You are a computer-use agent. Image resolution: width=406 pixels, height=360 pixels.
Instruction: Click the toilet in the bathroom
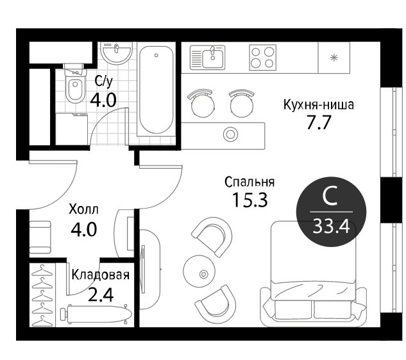[x=74, y=83]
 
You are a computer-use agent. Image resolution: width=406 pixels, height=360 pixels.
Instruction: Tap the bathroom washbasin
[x=117, y=53]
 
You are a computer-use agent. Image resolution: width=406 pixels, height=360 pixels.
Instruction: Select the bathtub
[x=156, y=89]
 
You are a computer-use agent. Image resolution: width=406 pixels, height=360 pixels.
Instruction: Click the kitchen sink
[x=208, y=58]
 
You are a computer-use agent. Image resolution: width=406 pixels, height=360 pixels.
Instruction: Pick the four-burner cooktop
[x=262, y=58]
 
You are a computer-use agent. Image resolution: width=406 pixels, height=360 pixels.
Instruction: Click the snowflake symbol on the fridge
[x=334, y=57]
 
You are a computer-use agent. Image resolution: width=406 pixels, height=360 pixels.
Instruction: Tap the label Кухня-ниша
[x=319, y=105]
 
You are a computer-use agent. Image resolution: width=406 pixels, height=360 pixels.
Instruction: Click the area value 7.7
[x=319, y=123]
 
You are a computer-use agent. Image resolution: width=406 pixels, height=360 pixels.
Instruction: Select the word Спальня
[x=250, y=182]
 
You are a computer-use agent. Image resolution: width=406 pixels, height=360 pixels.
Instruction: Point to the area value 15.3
[x=250, y=200]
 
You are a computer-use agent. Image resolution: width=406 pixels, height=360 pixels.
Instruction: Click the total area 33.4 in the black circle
[x=331, y=226]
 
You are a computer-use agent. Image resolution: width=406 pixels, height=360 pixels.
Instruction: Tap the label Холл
[x=83, y=210]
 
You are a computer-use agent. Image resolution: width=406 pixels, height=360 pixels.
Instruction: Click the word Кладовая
[x=101, y=275]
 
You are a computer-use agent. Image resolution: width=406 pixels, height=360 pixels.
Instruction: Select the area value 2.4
[x=101, y=295]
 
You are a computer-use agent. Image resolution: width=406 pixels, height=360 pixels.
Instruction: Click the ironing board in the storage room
[x=96, y=314]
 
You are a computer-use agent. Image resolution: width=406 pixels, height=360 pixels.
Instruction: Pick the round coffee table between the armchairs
[x=199, y=271]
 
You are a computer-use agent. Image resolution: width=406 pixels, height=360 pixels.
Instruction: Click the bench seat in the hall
[x=40, y=237]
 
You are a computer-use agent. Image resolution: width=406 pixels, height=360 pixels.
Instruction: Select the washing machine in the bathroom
[x=72, y=129]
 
